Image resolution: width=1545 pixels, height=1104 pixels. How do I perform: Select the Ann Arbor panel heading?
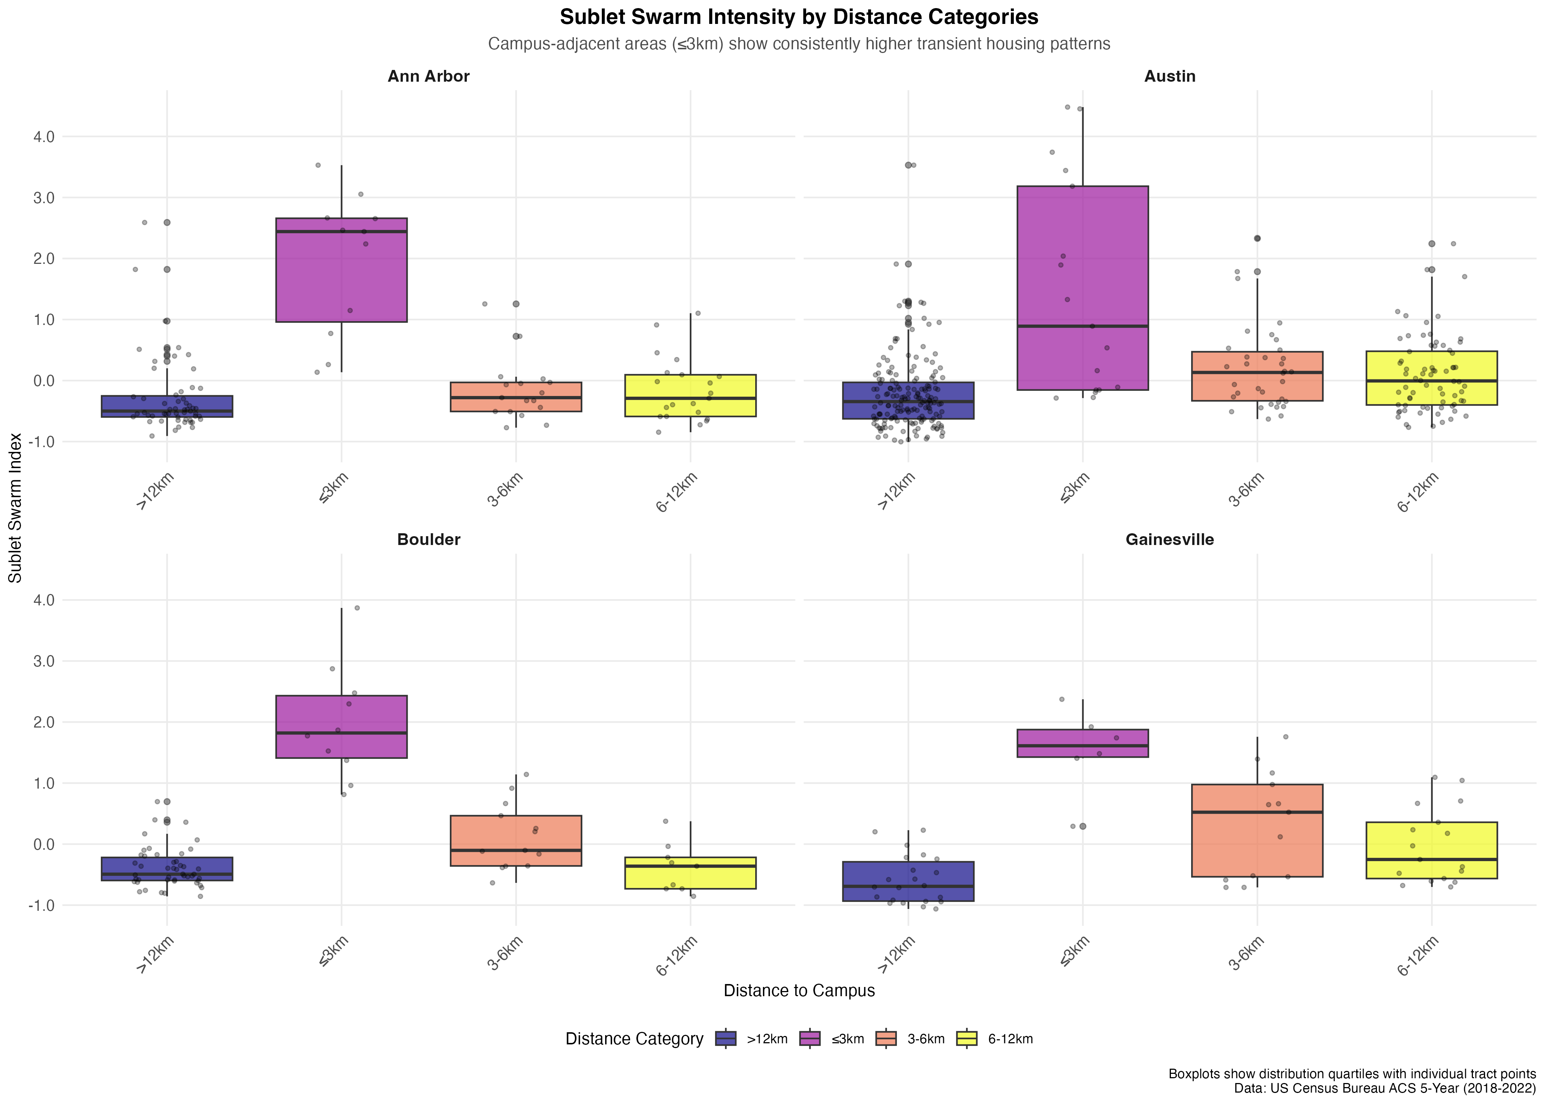428,76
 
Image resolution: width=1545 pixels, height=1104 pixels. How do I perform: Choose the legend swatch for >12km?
726,1039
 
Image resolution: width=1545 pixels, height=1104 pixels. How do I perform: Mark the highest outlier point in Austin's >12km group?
908,164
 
